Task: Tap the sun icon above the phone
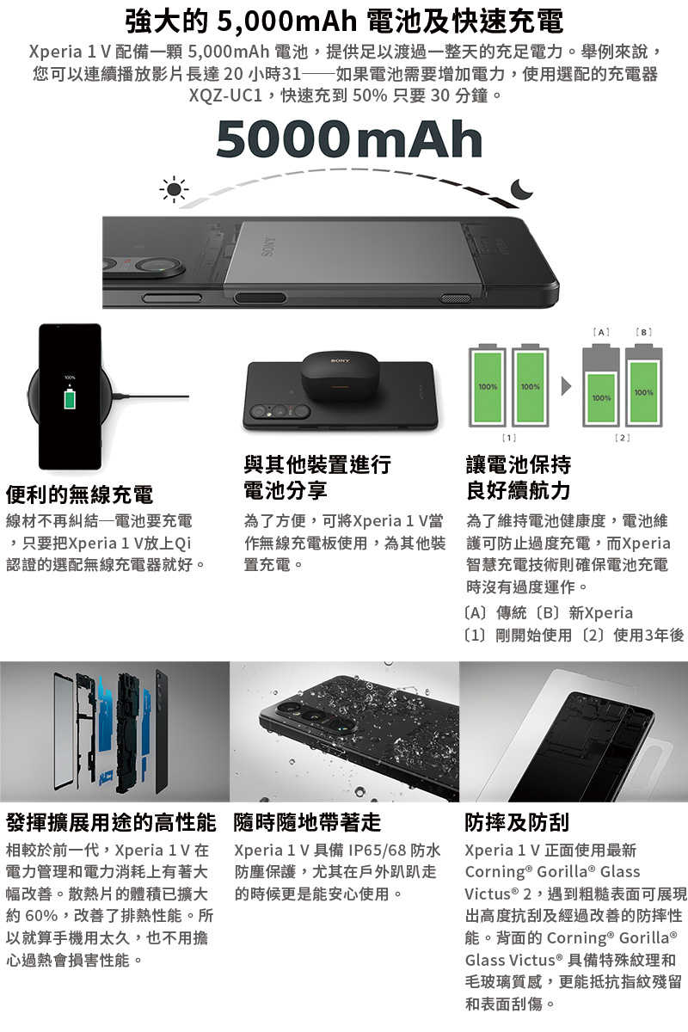tap(175, 189)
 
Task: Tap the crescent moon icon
tap(521, 191)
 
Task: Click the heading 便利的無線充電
tap(79, 494)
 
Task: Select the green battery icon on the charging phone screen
tap(70, 400)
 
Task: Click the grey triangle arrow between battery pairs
tap(566, 386)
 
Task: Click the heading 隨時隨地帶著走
tap(307, 822)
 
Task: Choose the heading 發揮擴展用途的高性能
tap(111, 822)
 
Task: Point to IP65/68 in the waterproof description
tap(386, 851)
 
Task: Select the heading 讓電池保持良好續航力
tap(518, 477)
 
